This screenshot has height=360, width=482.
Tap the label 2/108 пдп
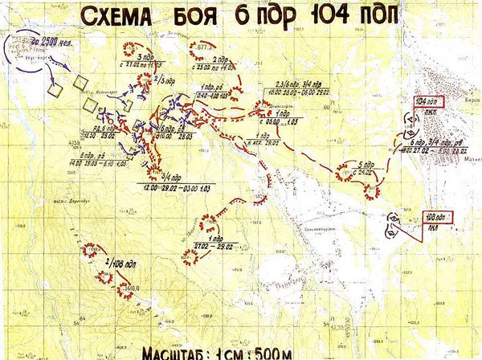tap(116, 261)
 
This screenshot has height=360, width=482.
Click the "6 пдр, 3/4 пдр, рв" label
tap(438, 142)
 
